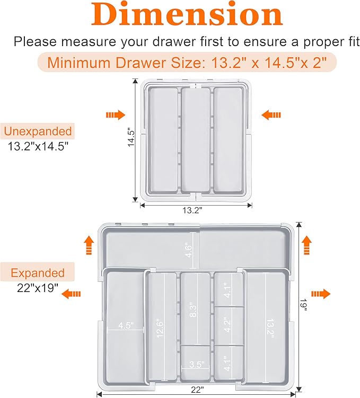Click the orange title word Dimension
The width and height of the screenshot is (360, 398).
tap(182, 15)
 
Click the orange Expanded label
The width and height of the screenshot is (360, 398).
tap(38, 273)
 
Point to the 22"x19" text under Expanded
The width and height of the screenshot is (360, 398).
tap(37, 290)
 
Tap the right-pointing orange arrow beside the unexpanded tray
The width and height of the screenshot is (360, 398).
tap(115, 114)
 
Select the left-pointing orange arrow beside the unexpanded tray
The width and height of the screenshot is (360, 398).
tap(271, 114)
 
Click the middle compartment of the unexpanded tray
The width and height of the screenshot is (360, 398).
tap(196, 139)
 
